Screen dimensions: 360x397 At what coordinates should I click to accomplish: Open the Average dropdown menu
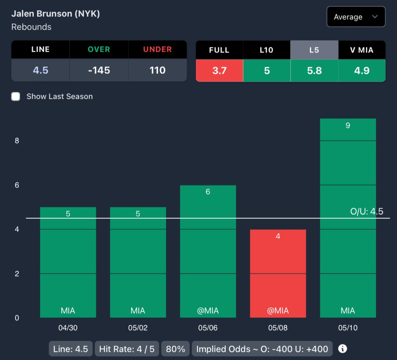point(356,17)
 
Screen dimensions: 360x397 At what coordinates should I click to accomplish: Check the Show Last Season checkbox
point(16,97)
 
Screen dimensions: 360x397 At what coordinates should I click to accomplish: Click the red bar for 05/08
point(278,273)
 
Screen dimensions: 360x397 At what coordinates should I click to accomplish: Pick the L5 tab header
point(314,50)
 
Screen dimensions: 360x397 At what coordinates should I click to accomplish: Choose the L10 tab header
point(266,50)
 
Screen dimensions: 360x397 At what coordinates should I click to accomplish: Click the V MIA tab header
point(362,50)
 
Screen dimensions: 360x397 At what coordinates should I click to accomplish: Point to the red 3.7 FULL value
point(219,71)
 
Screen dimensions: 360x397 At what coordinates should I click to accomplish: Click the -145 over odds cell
point(99,70)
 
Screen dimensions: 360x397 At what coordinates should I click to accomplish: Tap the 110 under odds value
point(157,70)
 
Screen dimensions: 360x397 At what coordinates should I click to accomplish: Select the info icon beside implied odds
point(342,348)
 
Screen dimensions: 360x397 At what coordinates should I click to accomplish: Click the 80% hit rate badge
point(175,349)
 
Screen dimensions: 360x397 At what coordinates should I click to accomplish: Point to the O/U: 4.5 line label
point(366,211)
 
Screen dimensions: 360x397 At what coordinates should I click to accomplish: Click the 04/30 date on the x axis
point(68,328)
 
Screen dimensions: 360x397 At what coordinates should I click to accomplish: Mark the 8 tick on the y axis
point(17,141)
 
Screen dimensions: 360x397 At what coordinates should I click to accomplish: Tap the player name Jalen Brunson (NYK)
point(55,14)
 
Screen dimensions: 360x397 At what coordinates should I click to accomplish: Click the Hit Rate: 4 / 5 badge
point(127,349)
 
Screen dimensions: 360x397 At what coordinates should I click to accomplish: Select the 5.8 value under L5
point(314,71)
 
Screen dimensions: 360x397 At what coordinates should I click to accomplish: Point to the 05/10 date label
point(348,328)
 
